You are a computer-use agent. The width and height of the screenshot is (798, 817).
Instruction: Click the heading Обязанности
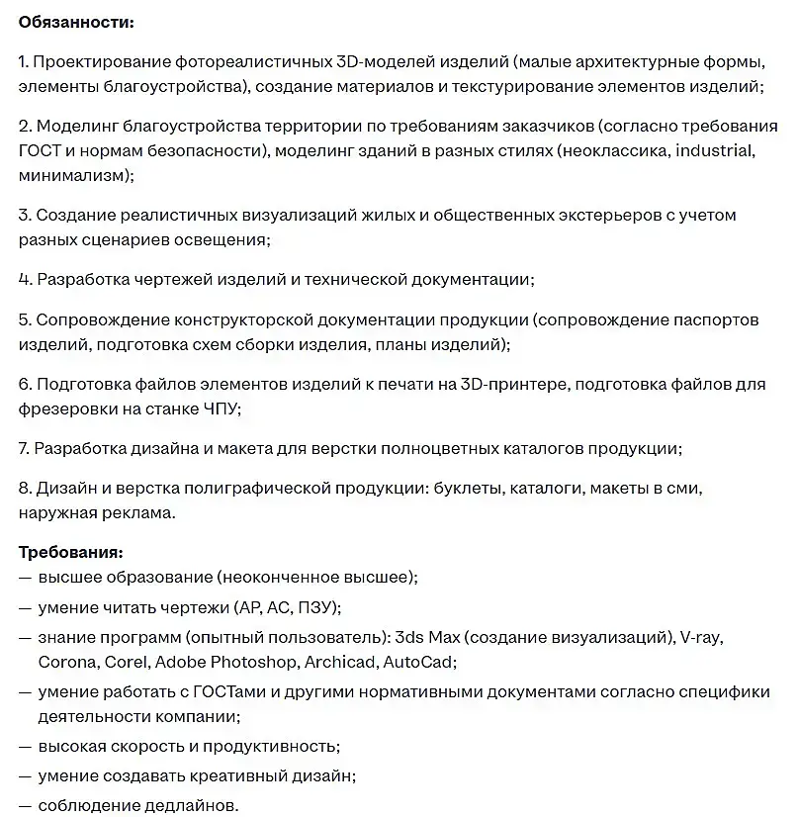click(77, 22)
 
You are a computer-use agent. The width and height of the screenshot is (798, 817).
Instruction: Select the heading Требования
click(70, 552)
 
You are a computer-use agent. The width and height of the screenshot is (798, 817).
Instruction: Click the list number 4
click(24, 280)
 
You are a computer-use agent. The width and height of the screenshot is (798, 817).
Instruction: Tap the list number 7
click(24, 448)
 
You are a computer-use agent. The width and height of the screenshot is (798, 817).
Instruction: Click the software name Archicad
click(339, 662)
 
